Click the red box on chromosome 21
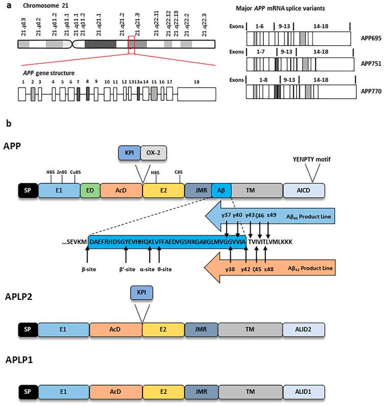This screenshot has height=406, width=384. point(131,45)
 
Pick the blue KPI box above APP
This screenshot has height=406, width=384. point(129,152)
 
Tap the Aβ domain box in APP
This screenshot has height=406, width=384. point(221,190)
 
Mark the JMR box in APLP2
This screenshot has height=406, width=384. point(201,329)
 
